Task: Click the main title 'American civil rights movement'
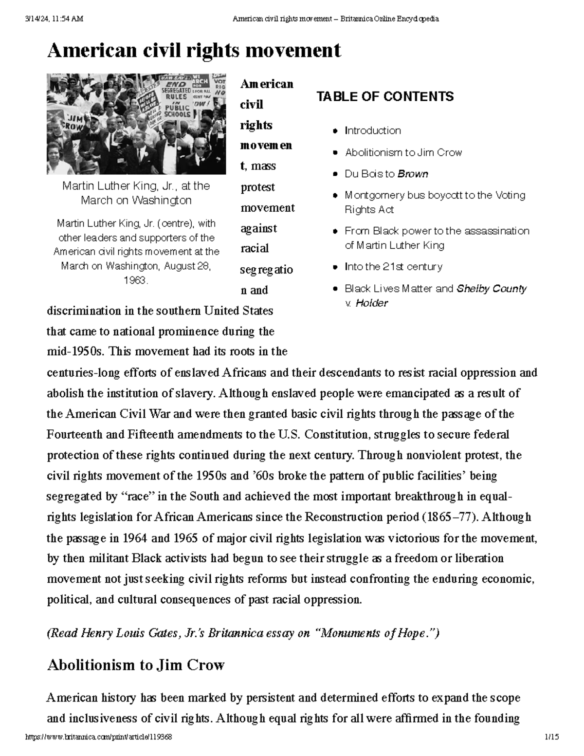click(x=194, y=50)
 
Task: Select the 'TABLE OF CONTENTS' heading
click(x=385, y=96)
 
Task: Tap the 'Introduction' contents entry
click(x=373, y=130)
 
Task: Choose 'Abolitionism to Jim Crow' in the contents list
click(x=403, y=152)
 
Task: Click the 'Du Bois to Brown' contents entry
click(x=386, y=174)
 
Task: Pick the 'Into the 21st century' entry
click(x=393, y=267)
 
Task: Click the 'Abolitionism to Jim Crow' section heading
click(x=135, y=665)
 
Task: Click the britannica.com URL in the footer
click(x=98, y=738)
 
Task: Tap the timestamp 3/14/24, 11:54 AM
click(x=54, y=19)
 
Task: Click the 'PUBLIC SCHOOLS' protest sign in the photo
click(x=177, y=111)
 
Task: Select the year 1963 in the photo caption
click(x=136, y=280)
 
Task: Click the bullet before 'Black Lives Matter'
click(x=335, y=289)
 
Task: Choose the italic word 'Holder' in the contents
click(x=372, y=303)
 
